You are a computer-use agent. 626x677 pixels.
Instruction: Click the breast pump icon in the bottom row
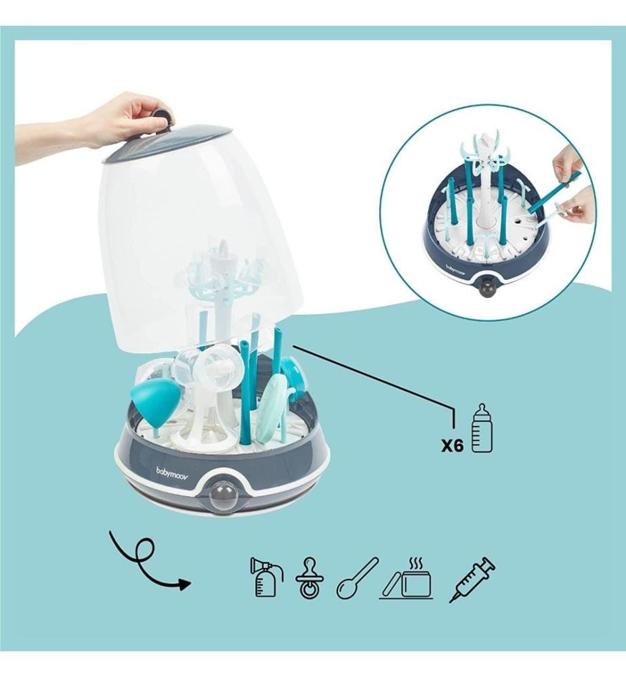click(266, 577)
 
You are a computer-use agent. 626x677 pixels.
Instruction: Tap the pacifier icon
click(310, 578)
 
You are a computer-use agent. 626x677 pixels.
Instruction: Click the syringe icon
click(472, 580)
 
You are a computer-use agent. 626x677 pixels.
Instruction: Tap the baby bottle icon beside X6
click(482, 428)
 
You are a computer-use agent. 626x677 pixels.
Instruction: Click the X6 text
click(453, 445)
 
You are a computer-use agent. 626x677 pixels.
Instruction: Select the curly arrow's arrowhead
click(184, 584)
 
